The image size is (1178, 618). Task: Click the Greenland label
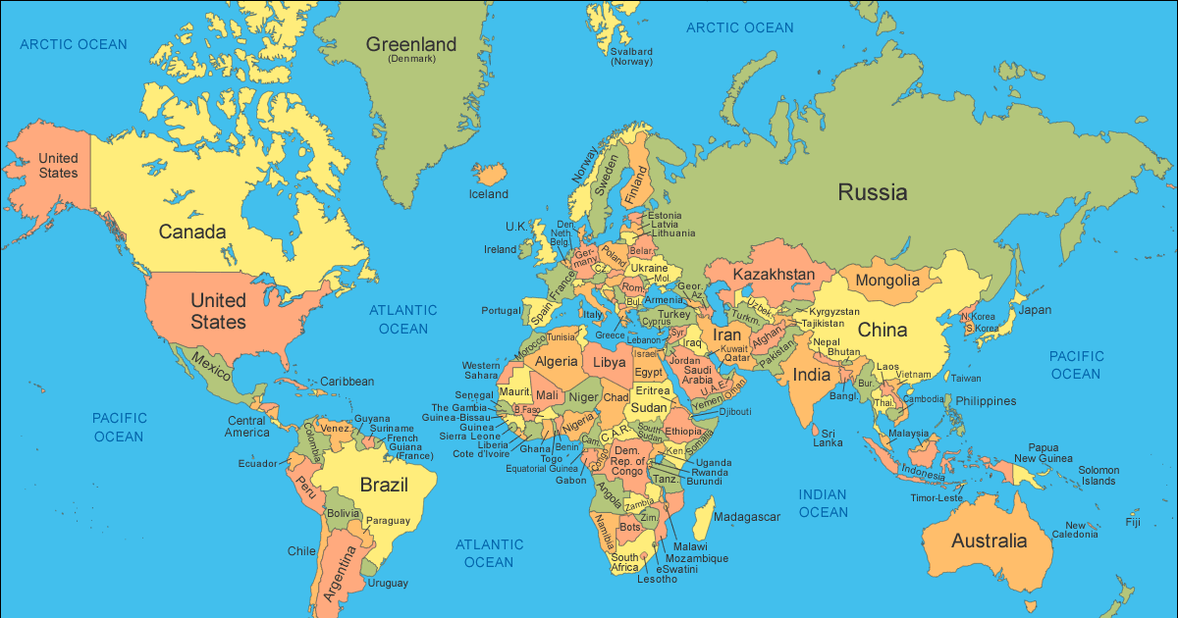coord(411,45)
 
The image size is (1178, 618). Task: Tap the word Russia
coord(872,192)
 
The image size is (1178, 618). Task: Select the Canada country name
coord(192,232)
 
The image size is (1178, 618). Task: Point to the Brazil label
coord(384,485)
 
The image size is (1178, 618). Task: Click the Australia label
coord(989,541)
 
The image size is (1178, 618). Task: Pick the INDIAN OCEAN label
coord(823,503)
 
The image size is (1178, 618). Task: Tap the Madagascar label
coord(747,517)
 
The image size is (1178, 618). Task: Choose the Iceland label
coord(488,194)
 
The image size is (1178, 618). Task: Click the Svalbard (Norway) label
coord(631,56)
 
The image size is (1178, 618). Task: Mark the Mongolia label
coord(887,281)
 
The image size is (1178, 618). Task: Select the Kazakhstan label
coord(774,274)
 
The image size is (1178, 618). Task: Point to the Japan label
coord(1034,310)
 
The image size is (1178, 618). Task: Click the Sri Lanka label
coord(828,438)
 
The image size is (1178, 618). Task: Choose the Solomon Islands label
coord(1098,476)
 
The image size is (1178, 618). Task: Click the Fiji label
coord(1133,522)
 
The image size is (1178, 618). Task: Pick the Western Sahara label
coord(481,371)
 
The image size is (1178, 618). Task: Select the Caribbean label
coord(347,382)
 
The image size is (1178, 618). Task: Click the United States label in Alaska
coord(58,166)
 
